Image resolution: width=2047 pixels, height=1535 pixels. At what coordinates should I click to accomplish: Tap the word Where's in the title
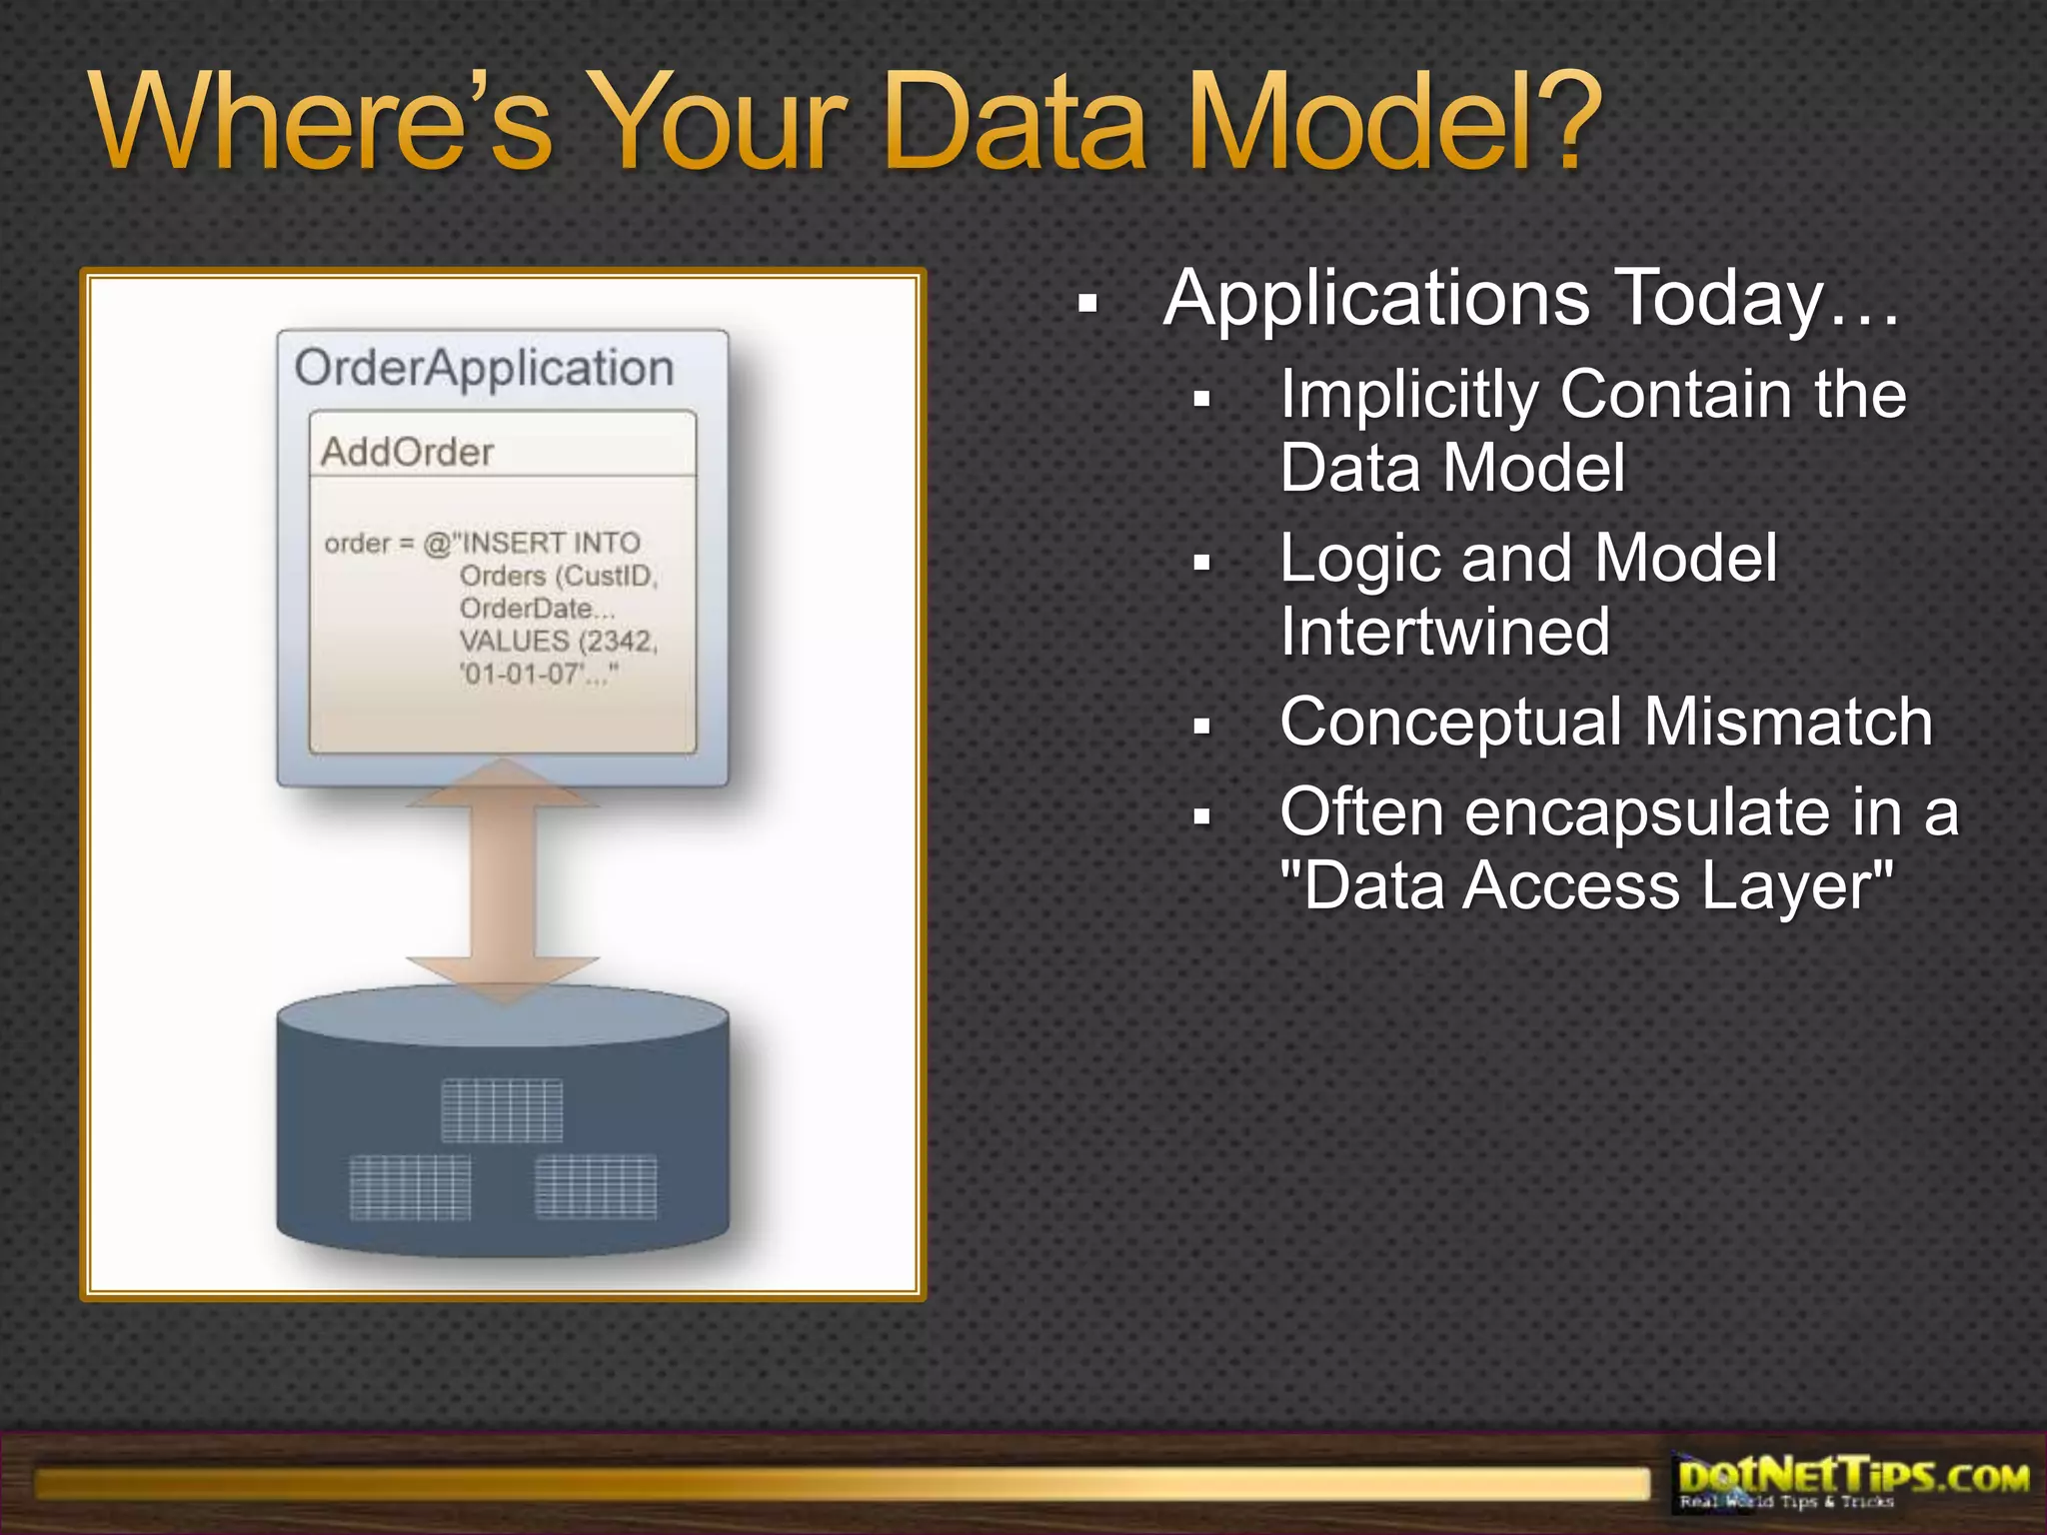[320, 122]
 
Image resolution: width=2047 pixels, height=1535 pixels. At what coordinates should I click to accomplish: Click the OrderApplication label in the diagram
[485, 368]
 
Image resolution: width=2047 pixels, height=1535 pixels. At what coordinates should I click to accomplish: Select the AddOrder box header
[407, 452]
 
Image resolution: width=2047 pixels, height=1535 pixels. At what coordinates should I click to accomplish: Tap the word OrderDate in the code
[526, 608]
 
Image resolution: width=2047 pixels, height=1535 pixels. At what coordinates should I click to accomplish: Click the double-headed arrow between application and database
[503, 879]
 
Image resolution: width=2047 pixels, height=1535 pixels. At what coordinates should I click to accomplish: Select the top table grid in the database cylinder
[502, 1110]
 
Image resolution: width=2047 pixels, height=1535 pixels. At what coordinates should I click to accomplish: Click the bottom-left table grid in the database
[410, 1186]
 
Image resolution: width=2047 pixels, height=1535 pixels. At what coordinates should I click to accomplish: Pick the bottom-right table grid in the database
[596, 1186]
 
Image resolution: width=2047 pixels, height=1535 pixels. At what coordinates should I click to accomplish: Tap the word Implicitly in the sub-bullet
[1409, 396]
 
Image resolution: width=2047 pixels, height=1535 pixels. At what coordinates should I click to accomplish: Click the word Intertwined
[1444, 632]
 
